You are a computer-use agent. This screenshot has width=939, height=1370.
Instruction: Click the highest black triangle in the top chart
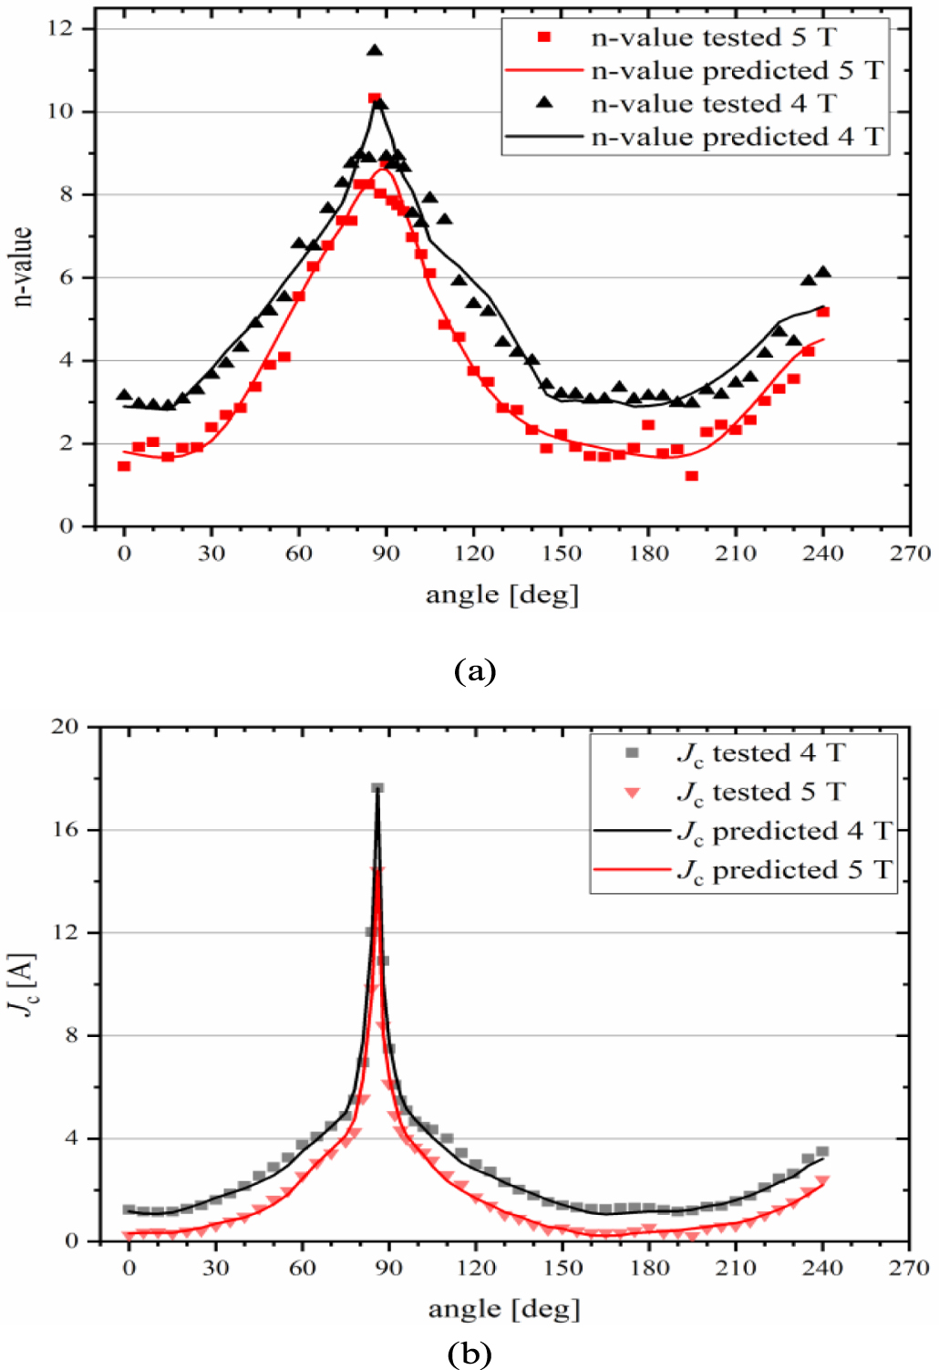click(375, 51)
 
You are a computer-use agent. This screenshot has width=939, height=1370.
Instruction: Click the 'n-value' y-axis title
click(23, 266)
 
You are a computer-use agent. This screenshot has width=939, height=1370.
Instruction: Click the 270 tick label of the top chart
click(910, 554)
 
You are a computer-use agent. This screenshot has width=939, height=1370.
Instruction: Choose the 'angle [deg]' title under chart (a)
click(502, 596)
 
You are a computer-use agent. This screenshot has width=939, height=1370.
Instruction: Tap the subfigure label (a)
click(474, 671)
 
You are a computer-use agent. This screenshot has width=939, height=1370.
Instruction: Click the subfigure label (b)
click(469, 1354)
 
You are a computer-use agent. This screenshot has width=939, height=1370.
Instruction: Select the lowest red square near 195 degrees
click(692, 476)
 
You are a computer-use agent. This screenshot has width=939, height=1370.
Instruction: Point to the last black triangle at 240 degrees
click(823, 272)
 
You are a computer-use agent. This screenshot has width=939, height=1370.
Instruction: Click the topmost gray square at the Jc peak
click(377, 788)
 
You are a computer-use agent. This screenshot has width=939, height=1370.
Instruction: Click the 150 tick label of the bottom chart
click(562, 1268)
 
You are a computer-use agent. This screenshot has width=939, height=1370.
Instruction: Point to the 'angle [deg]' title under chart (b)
click(504, 1310)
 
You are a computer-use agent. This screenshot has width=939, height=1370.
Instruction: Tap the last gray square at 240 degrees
click(822, 1152)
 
